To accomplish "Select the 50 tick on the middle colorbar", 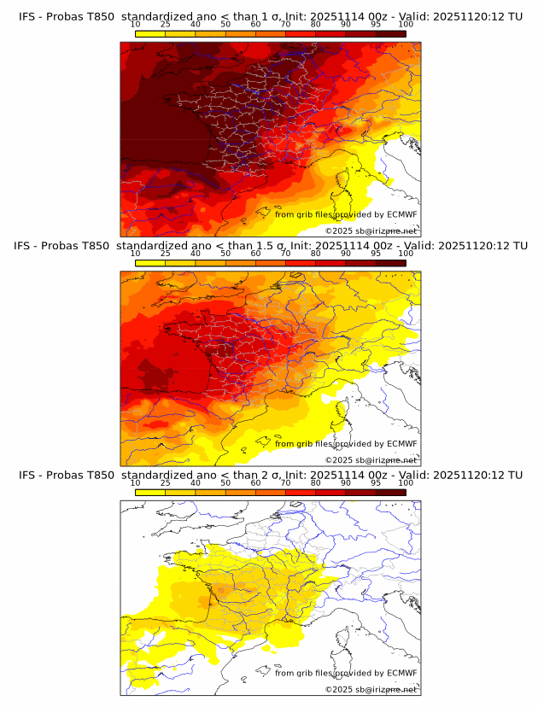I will [225, 253].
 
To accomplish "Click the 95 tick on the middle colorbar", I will [376, 253].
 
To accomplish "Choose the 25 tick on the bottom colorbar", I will [166, 482].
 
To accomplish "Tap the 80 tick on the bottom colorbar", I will [316, 482].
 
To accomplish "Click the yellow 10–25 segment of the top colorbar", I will [150, 33].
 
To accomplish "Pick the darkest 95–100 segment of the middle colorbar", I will [390, 263].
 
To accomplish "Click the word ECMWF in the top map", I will [402, 214].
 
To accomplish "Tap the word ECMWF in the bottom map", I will [402, 673].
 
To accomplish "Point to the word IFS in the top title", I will [27, 16].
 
